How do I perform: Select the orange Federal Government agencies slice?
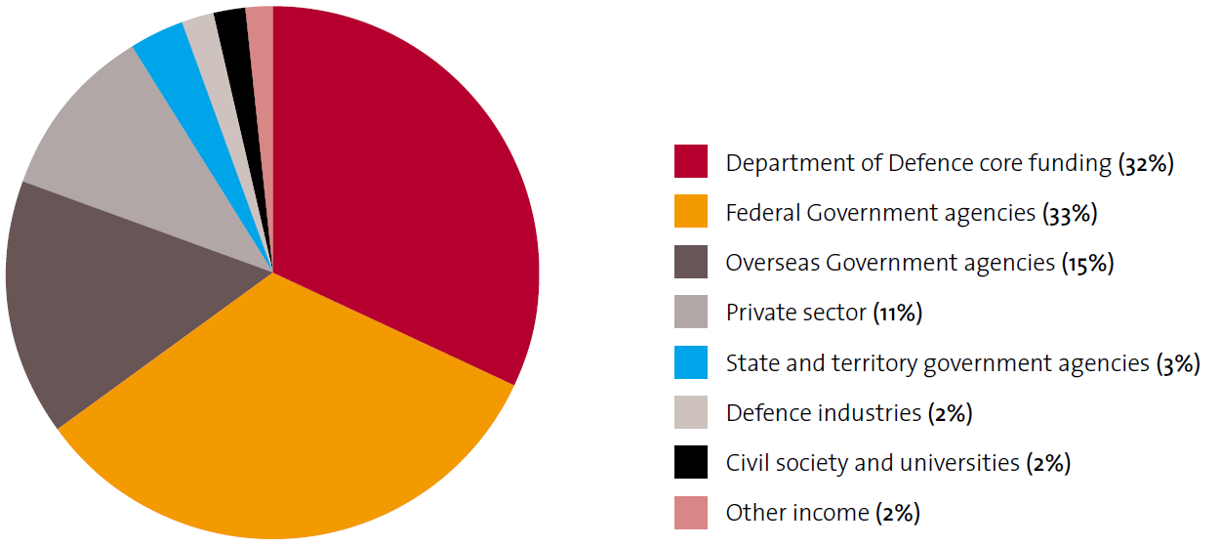click(293, 420)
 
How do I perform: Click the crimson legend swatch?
click(690, 161)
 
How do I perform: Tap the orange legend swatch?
click(690, 212)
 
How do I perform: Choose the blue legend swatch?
click(690, 363)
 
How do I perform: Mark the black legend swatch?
click(690, 463)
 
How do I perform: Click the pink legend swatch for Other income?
click(690, 513)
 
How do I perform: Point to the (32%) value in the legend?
click(1146, 163)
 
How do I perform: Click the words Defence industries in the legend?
click(823, 413)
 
